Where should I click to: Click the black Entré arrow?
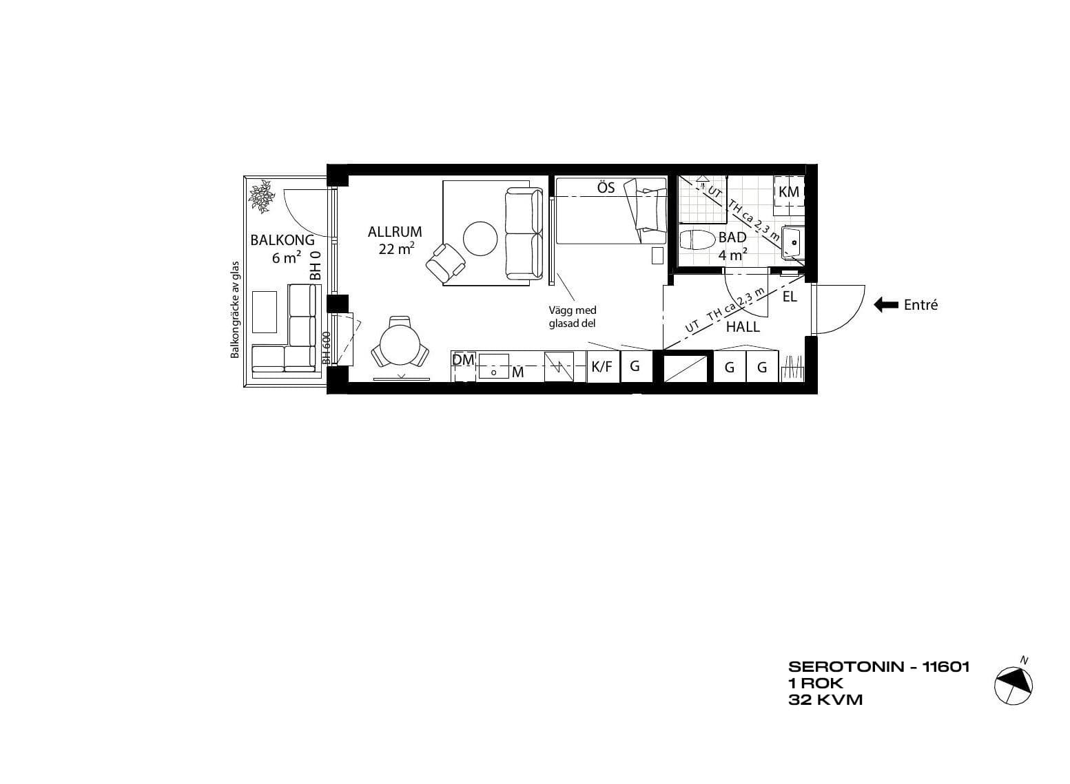point(886,305)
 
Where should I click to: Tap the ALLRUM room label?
point(395,232)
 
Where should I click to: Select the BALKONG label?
point(282,240)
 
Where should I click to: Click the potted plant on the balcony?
point(261,196)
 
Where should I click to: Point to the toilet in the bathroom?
point(697,240)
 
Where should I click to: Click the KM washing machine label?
point(789,192)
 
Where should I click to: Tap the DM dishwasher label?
point(463,360)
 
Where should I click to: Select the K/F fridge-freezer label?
point(601,367)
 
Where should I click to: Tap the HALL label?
point(743,327)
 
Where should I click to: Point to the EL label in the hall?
point(790,297)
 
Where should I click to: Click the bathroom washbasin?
point(793,242)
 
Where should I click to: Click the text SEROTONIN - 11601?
point(879,666)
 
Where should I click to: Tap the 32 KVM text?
point(825,700)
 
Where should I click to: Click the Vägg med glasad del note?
point(573,317)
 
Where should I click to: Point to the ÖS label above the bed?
point(606,187)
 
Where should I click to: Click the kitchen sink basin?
point(494,366)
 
